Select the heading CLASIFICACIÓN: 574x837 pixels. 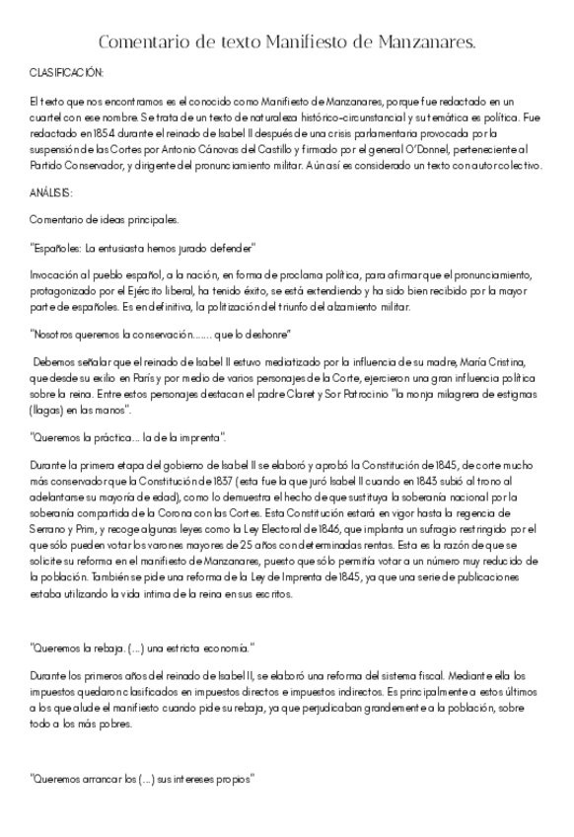pos(66,74)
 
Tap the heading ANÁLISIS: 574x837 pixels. pos(51,192)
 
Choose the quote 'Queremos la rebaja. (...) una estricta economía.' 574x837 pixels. pos(142,647)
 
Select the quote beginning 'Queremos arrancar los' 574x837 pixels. pos(142,778)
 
